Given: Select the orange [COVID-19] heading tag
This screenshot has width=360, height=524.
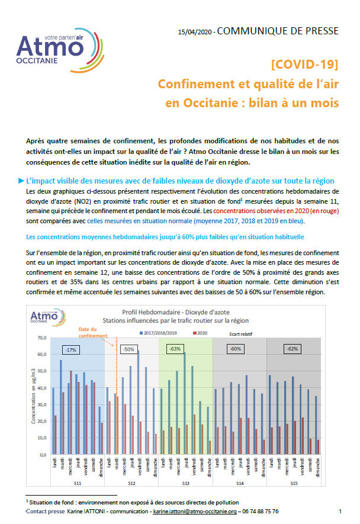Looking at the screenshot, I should click(x=304, y=64).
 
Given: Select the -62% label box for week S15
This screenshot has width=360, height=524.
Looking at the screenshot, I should click(x=325, y=349).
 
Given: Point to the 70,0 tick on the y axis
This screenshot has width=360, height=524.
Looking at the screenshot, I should click(x=42, y=338).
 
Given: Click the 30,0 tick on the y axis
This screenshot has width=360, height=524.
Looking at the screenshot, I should click(x=42, y=405).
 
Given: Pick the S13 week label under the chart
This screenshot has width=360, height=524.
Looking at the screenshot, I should click(x=185, y=484).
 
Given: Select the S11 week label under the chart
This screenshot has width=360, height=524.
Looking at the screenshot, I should click(x=77, y=484).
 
